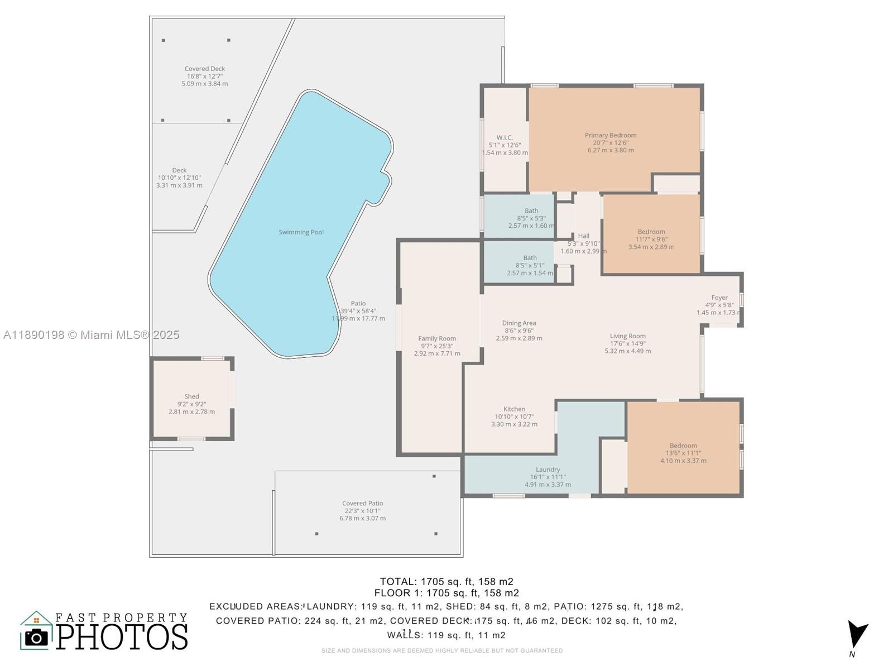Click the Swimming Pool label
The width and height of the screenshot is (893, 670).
301,232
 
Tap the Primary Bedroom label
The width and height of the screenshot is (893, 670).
611,136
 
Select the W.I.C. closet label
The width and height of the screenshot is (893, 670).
505,138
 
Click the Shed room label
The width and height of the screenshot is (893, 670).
191,397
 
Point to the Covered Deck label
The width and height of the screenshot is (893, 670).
205,69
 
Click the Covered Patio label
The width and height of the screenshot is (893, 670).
362,504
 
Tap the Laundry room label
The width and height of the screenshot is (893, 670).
548,470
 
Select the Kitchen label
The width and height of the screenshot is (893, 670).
514,409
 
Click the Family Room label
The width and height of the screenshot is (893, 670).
437,339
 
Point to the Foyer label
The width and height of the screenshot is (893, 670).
719,298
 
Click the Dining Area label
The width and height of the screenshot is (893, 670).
519,323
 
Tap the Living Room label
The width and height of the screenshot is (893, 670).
627,337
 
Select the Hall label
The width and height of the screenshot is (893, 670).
583,236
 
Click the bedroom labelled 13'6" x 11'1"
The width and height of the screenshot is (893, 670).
683,446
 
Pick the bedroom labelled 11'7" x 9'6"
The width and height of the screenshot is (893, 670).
651,232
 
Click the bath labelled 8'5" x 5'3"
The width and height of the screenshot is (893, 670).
531,212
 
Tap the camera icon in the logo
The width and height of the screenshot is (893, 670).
37,637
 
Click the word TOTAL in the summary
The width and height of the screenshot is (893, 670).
397,582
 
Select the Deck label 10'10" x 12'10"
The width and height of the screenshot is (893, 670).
179,171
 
